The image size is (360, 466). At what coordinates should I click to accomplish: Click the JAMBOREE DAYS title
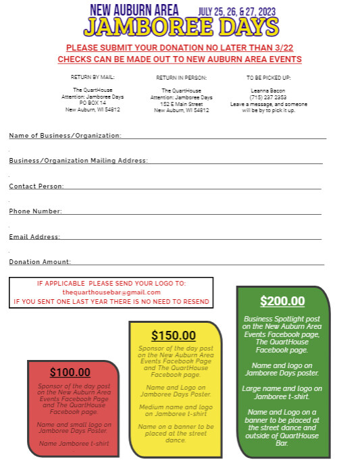pos(181,27)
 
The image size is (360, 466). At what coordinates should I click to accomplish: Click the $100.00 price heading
pos(70,372)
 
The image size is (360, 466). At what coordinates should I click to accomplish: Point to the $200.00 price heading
pos(282,301)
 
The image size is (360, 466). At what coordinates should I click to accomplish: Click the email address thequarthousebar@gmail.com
pos(111,292)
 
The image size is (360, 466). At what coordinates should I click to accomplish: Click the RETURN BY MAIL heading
pos(93,77)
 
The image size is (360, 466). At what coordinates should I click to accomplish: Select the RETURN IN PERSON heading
pos(181,78)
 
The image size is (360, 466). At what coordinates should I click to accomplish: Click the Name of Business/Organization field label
pos(65,136)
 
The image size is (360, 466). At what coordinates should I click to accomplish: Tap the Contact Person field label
pos(36,186)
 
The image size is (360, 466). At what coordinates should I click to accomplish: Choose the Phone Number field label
pos(35,211)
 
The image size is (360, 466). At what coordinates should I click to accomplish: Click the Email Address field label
pos(34,237)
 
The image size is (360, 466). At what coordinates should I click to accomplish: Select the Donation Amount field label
pos(40,262)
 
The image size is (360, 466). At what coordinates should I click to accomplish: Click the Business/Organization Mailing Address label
pos(78,161)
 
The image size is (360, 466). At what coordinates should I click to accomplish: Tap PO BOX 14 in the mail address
pos(93,103)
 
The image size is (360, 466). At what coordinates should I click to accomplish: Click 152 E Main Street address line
pos(181,104)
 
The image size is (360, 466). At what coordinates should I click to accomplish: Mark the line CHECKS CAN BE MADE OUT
pos(179,59)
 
